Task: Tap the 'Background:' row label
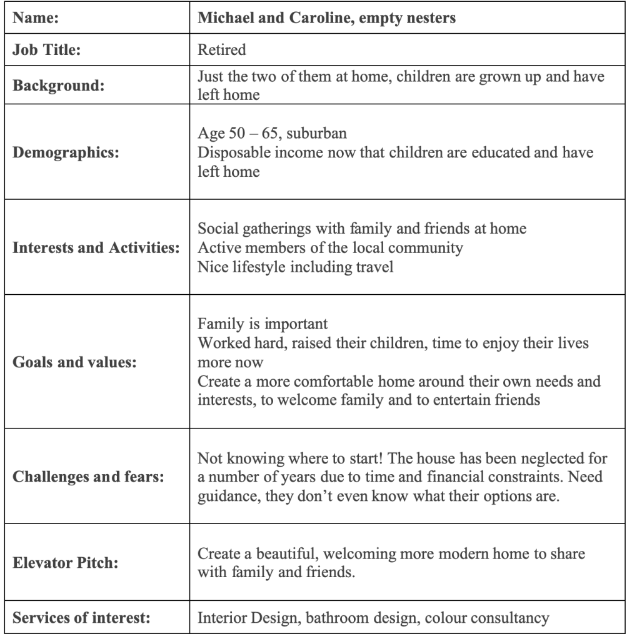point(55,86)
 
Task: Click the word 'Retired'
point(221,51)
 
